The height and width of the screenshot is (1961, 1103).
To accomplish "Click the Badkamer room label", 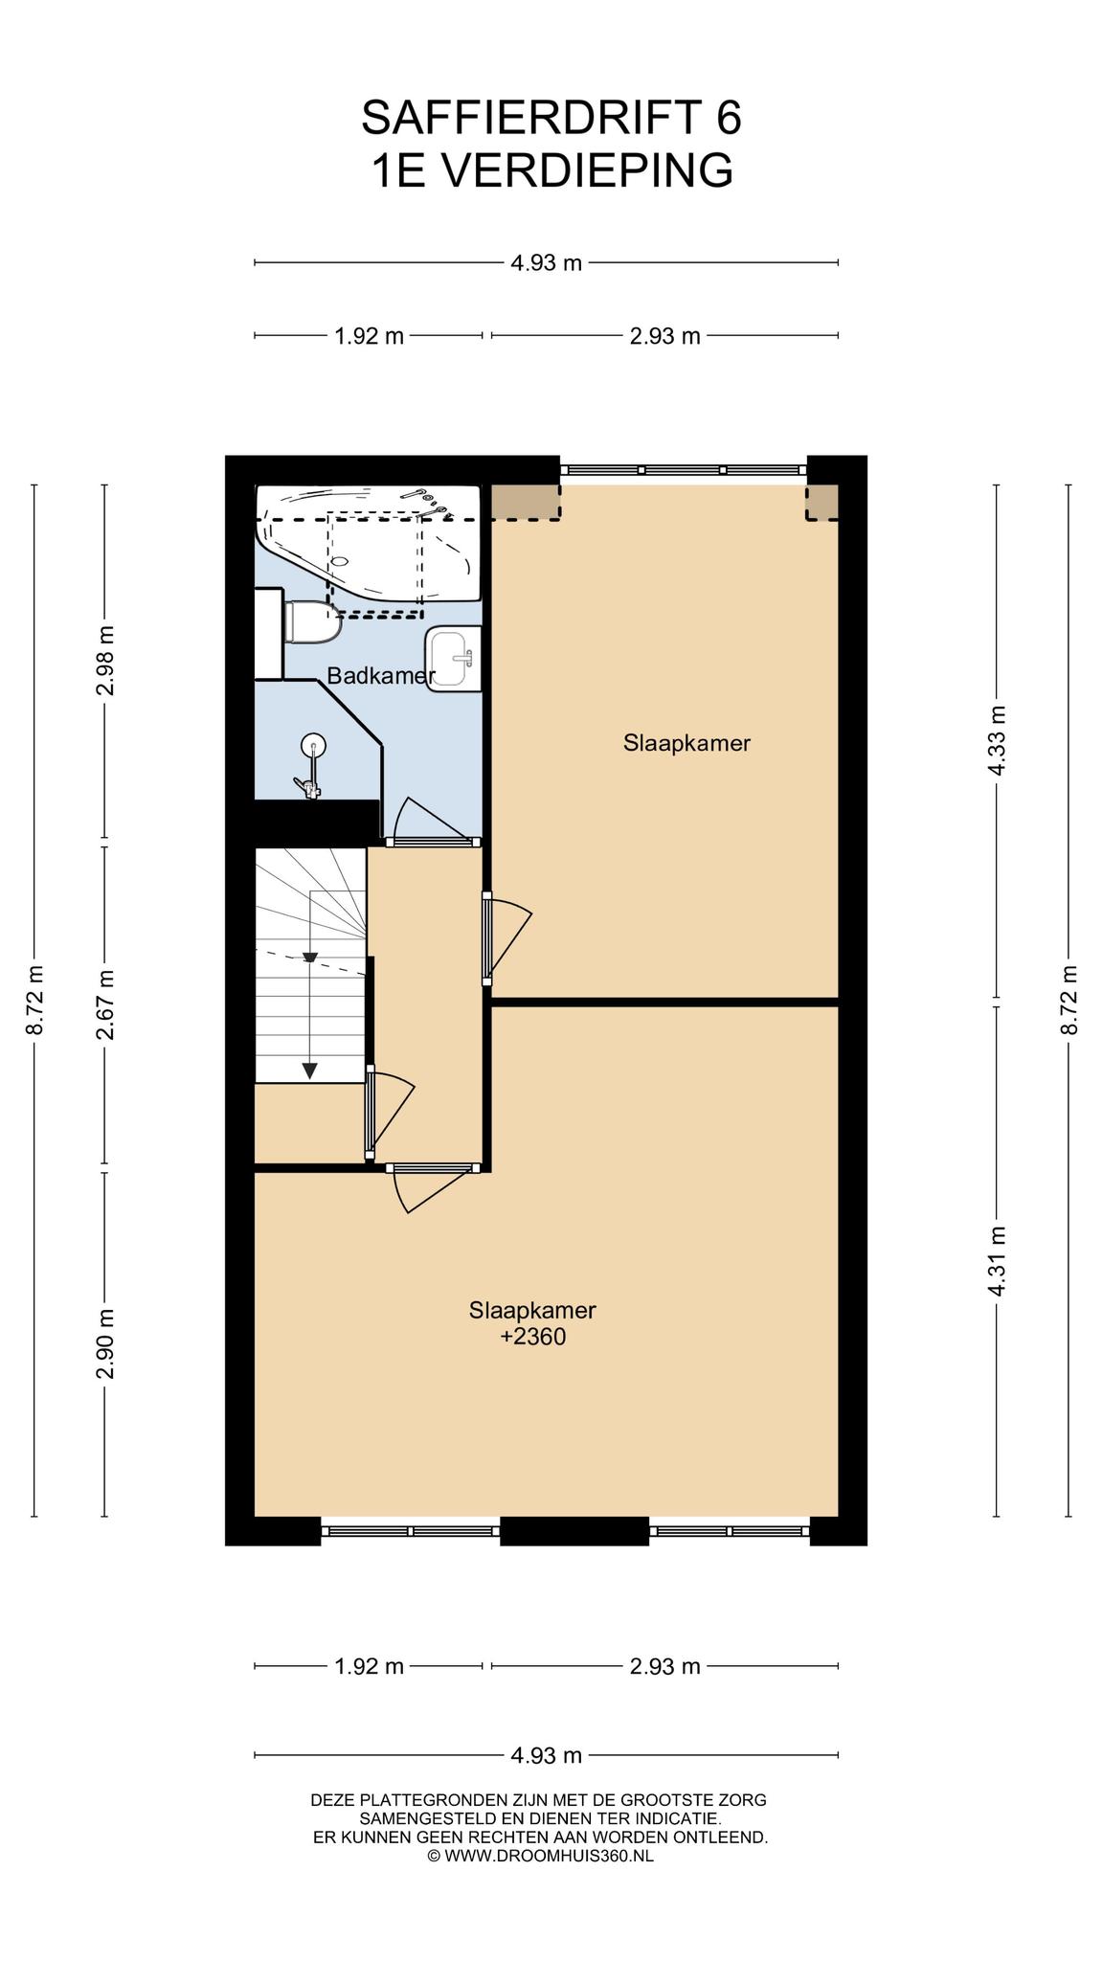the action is pyautogui.click(x=381, y=676).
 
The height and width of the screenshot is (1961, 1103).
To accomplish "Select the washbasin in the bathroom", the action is pyautogui.click(x=453, y=659).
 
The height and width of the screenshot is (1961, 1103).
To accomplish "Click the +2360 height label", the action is pyautogui.click(x=533, y=1337).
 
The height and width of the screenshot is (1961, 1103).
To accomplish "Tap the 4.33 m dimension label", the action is pyautogui.click(x=998, y=742).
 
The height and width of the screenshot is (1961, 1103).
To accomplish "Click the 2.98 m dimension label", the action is pyautogui.click(x=105, y=662).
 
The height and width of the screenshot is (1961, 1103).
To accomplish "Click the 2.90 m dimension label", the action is pyautogui.click(x=105, y=1344).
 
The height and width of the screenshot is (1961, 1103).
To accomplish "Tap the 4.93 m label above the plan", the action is pyautogui.click(x=546, y=262).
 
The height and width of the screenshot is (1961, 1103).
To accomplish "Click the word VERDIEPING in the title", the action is pyautogui.click(x=588, y=171).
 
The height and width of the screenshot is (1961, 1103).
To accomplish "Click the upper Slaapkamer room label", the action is pyautogui.click(x=687, y=743).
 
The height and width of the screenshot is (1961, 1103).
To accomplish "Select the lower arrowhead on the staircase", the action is pyautogui.click(x=309, y=1071).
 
